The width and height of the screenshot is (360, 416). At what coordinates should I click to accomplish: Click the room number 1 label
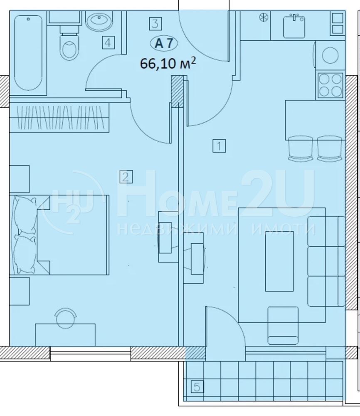tap(219, 146)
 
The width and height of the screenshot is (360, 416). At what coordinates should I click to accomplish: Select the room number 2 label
tap(126, 177)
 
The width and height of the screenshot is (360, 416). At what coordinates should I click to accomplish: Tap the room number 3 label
tap(155, 23)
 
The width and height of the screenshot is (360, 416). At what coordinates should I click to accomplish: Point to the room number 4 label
tap(108, 42)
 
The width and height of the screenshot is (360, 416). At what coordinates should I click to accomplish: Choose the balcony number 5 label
tap(197, 387)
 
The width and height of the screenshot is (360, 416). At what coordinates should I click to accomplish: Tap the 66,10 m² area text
tap(168, 64)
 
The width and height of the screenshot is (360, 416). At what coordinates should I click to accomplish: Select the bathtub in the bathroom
tap(28, 53)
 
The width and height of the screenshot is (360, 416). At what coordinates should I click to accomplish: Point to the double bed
tap(59, 235)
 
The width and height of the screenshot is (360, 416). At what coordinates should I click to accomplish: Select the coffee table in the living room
tap(279, 261)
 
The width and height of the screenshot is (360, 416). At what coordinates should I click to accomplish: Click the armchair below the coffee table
tap(283, 326)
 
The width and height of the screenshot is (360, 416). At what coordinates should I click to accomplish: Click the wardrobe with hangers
tap(59, 117)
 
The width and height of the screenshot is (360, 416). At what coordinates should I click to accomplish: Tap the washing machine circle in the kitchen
tap(330, 55)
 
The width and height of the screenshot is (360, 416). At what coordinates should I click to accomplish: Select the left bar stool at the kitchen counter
tap(300, 149)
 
